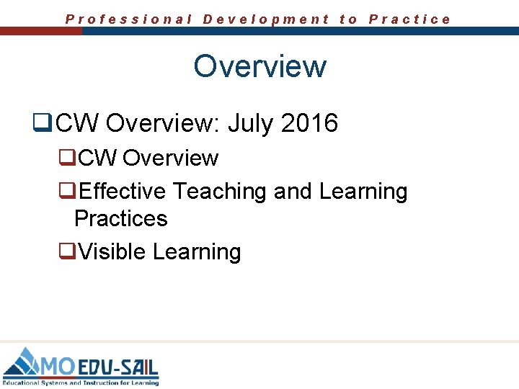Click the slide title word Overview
tap(259, 66)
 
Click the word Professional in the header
tap(129, 19)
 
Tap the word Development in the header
tap(266, 19)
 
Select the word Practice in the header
tap(409, 19)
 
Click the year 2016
tap(309, 123)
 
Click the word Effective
tap(123, 192)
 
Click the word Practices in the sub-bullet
tap(120, 218)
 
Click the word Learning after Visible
tap(197, 252)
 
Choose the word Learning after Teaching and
tap(363, 192)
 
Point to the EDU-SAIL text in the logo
tap(118, 367)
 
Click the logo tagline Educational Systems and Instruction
tap(79, 383)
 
